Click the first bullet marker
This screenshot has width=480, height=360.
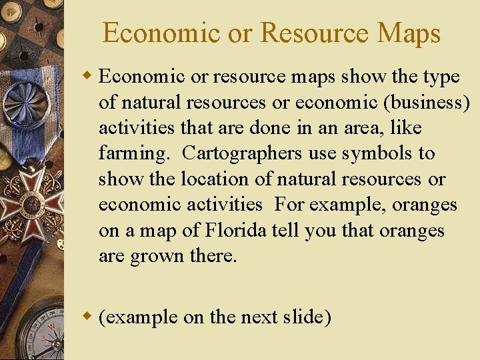(89, 76)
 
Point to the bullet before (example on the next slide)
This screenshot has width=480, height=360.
(89, 317)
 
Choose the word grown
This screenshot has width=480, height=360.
(155, 257)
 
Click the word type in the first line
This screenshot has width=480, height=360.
(441, 77)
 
